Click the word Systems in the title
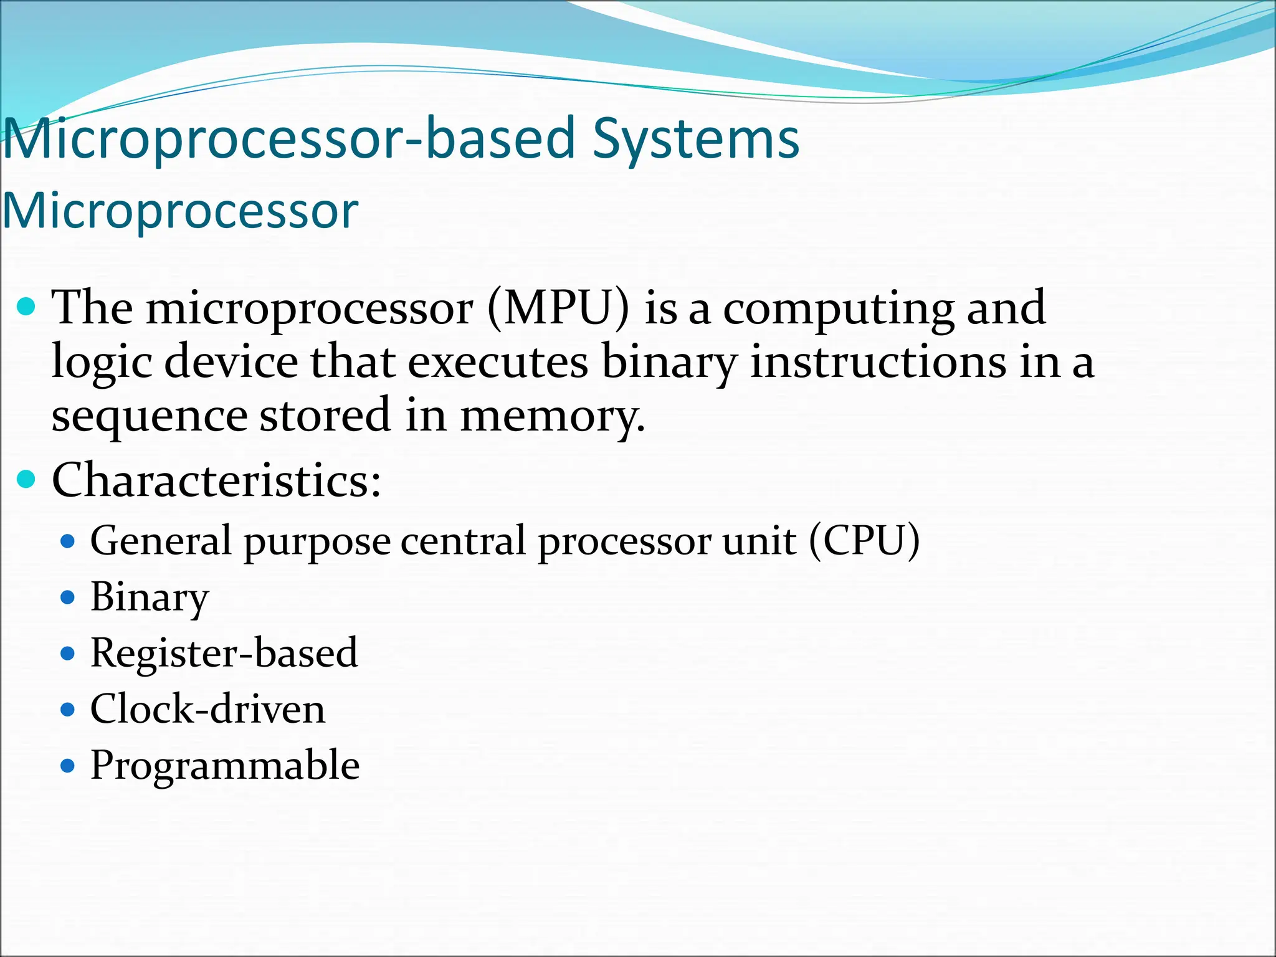tap(695, 140)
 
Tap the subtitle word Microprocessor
tap(181, 211)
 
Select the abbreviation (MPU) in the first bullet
tap(558, 308)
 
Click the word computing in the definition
tap(838, 309)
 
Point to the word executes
tap(498, 362)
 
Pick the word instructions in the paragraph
tap(877, 362)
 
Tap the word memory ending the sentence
tap(552, 416)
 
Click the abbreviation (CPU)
tap(864, 540)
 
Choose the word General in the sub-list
tap(161, 540)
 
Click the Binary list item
tap(150, 598)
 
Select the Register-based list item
tap(224, 653)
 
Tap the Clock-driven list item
tap(207, 709)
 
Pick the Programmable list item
tap(225, 765)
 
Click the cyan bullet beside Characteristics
tap(26, 479)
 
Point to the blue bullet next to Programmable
tap(69, 765)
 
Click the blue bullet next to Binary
tap(69, 598)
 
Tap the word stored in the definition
tap(325, 416)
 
